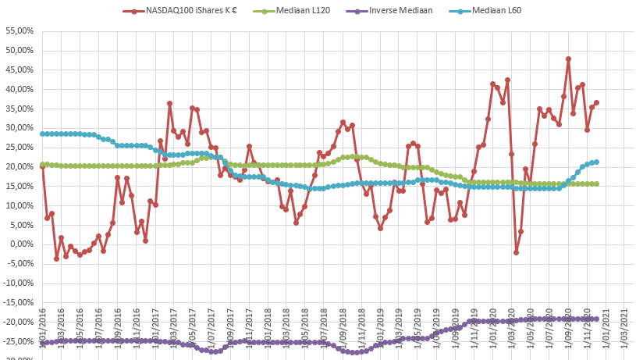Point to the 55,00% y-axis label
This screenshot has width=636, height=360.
pyautogui.click(x=20, y=30)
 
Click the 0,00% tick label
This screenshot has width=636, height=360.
pyautogui.click(x=21, y=244)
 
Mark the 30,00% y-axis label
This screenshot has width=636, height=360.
pyautogui.click(x=20, y=128)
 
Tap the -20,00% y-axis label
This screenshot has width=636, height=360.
pyautogui.click(x=19, y=322)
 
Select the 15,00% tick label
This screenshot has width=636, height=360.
pyautogui.click(x=20, y=186)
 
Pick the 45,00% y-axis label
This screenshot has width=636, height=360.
pyautogui.click(x=20, y=70)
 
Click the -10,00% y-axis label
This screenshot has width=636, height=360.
pyautogui.click(x=19, y=283)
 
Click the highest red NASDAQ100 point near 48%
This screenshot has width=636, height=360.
pyautogui.click(x=568, y=59)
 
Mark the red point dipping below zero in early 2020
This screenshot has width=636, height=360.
pyautogui.click(x=516, y=252)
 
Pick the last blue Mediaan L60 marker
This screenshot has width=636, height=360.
pyautogui.click(x=597, y=162)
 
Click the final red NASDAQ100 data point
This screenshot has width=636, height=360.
pyautogui.click(x=597, y=102)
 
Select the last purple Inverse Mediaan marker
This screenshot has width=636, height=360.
pyautogui.click(x=597, y=319)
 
